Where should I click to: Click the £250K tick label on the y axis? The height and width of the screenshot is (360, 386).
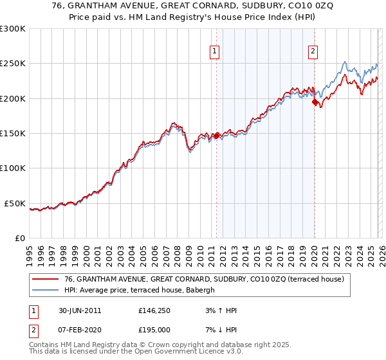coord(13,64)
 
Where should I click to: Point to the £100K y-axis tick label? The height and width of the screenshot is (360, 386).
coord(13,168)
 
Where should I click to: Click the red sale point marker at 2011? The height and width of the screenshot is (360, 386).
coord(216,136)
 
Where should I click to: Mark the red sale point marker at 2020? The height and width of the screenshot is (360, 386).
coord(315,102)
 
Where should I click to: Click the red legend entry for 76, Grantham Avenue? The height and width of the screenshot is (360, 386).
coord(205,279)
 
